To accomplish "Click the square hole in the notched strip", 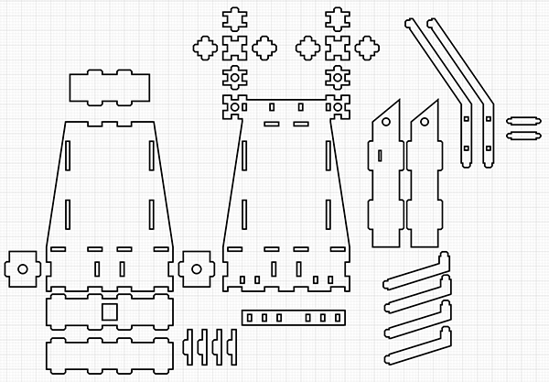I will click(109, 312).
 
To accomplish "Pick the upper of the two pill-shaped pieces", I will click(522, 120).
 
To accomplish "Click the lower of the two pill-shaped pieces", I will click(522, 135).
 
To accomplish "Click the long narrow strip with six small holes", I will click(294, 317).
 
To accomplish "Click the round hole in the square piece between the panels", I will click(194, 268).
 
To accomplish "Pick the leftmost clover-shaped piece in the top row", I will click(202, 47).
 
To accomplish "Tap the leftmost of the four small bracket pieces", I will click(189, 343).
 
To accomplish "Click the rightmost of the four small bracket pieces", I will click(232, 343).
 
